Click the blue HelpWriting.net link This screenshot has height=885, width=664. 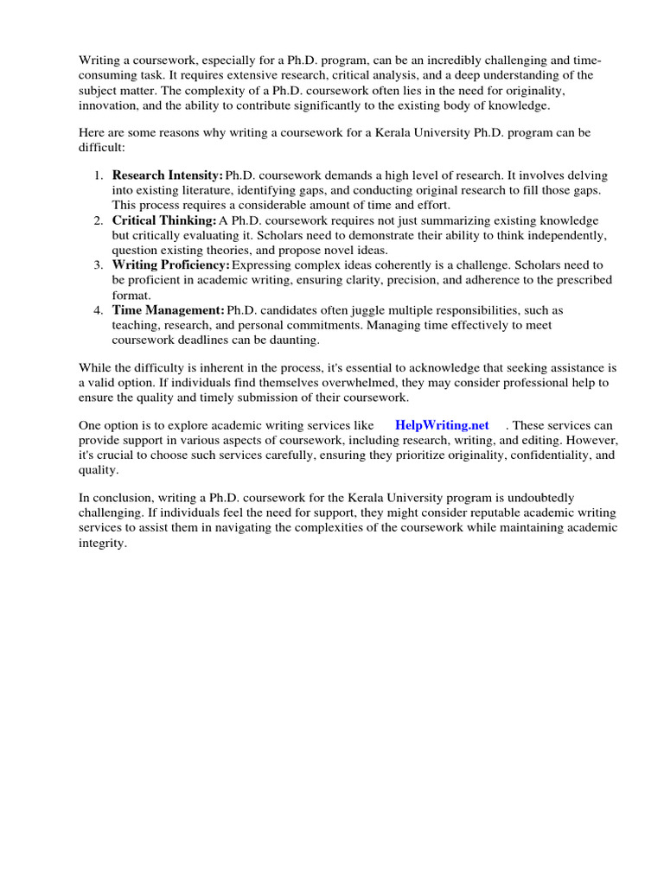[442, 425]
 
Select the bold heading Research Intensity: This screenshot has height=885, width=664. [168, 175]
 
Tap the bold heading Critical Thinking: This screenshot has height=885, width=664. [164, 220]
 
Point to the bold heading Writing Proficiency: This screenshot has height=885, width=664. [171, 265]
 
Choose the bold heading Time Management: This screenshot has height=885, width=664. [169, 310]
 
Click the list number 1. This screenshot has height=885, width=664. [98, 175]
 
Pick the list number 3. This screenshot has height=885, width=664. [98, 265]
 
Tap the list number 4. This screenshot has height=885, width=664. [98, 310]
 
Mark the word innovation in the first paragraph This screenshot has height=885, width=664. [108, 105]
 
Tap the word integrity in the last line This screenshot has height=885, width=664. [102, 544]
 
